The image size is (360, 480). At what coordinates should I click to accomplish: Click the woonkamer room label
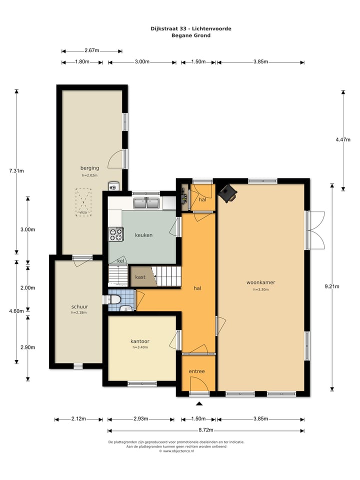pyautogui.click(x=260, y=282)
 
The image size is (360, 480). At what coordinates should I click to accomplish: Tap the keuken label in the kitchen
pyautogui.click(x=143, y=235)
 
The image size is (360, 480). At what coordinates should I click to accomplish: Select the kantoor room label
pyautogui.click(x=140, y=341)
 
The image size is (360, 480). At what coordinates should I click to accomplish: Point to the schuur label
pyautogui.click(x=79, y=306)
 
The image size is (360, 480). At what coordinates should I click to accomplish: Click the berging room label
pyautogui.click(x=89, y=168)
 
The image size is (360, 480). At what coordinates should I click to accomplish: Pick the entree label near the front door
pyautogui.click(x=196, y=371)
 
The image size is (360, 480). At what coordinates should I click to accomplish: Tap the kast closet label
pyautogui.click(x=140, y=277)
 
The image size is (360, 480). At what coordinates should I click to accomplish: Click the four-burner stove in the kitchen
pyautogui.click(x=116, y=234)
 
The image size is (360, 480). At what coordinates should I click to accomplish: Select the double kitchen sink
pyautogui.click(x=146, y=203)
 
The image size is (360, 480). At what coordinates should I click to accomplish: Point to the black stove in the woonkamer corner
pyautogui.click(x=227, y=193)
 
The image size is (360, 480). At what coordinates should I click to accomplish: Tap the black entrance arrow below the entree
pyautogui.click(x=199, y=404)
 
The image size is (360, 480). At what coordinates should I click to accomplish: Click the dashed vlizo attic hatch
pyautogui.click(x=83, y=202)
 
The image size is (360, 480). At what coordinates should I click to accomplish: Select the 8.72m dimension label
pyautogui.click(x=205, y=430)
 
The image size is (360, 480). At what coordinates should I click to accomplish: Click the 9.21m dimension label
pyautogui.click(x=332, y=286)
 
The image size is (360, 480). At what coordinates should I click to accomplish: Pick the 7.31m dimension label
pyautogui.click(x=16, y=171)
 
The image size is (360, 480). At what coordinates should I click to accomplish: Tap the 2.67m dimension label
pyautogui.click(x=92, y=50)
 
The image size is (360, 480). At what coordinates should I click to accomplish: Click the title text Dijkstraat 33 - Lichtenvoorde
pyautogui.click(x=191, y=29)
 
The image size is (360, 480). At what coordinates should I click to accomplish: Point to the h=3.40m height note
pyautogui.click(x=140, y=347)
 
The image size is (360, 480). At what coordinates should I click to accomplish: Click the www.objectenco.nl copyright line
pyautogui.click(x=176, y=451)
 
